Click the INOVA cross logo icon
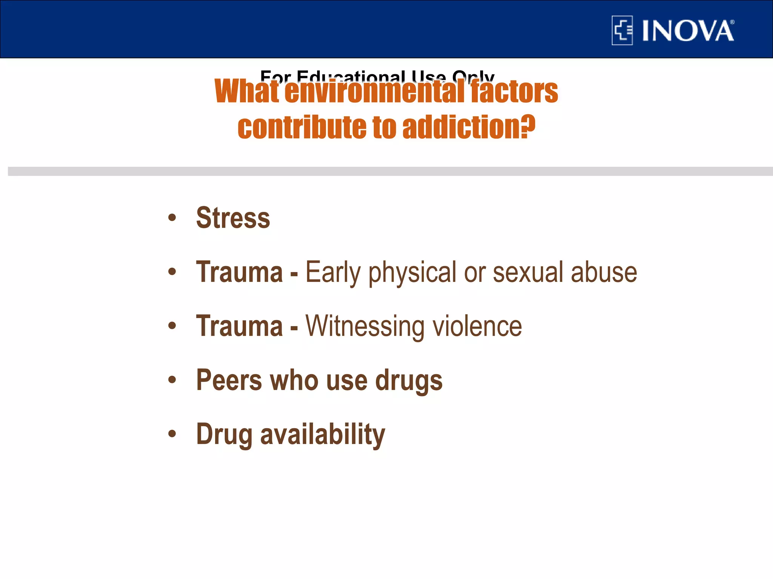click(x=622, y=31)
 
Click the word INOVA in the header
click(x=688, y=31)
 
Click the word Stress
click(x=233, y=218)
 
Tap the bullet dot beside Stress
click(x=172, y=218)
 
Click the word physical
click(x=413, y=272)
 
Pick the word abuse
click(x=604, y=272)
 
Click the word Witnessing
click(x=365, y=326)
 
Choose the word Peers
click(x=229, y=380)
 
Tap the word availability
click(x=323, y=435)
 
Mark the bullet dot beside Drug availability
click(x=172, y=434)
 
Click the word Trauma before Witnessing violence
click(x=239, y=326)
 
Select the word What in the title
click(x=247, y=92)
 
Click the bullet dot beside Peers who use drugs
click(x=172, y=380)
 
